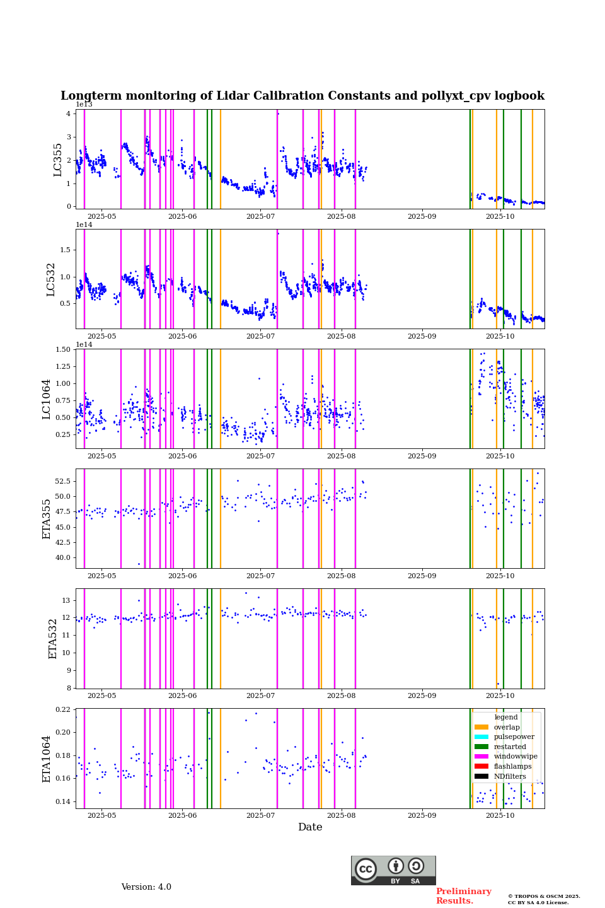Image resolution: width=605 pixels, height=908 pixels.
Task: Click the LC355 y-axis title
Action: [58, 160]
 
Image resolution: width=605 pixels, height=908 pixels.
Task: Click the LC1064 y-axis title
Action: [46, 399]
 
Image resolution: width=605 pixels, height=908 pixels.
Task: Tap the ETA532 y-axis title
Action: [53, 639]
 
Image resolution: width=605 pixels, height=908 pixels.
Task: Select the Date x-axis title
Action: [310, 827]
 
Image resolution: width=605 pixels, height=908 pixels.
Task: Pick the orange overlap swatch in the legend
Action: [481, 727]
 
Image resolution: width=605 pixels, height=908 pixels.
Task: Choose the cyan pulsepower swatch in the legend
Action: [481, 737]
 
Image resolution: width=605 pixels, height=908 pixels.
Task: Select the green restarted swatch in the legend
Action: [481, 747]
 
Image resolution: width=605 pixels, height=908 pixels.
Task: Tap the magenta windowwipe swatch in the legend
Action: [481, 757]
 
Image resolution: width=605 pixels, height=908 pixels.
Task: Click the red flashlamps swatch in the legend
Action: [481, 767]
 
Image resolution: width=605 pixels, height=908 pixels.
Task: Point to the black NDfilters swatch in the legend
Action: [481, 777]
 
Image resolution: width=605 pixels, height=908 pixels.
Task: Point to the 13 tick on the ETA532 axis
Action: [66, 601]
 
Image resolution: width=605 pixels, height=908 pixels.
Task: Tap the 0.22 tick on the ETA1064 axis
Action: [63, 710]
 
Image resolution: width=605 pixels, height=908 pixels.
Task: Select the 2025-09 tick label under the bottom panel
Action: [422, 816]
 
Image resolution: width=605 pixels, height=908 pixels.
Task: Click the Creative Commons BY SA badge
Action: [393, 870]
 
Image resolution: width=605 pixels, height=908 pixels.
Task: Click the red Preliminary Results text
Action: [463, 896]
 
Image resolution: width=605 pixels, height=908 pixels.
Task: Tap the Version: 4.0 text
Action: [146, 887]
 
